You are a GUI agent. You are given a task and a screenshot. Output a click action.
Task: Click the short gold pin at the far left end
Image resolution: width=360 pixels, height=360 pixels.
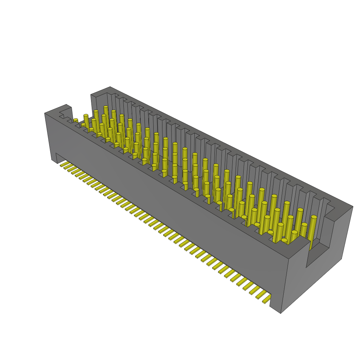click(x=76, y=121)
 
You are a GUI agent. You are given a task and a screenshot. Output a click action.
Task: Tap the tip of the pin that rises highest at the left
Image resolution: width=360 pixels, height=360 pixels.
click(x=105, y=107)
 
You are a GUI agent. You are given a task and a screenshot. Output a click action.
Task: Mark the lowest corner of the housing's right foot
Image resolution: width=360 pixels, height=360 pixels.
click(x=281, y=313)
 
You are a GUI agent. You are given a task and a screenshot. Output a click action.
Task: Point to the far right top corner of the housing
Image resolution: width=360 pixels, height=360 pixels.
click(x=353, y=207)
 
